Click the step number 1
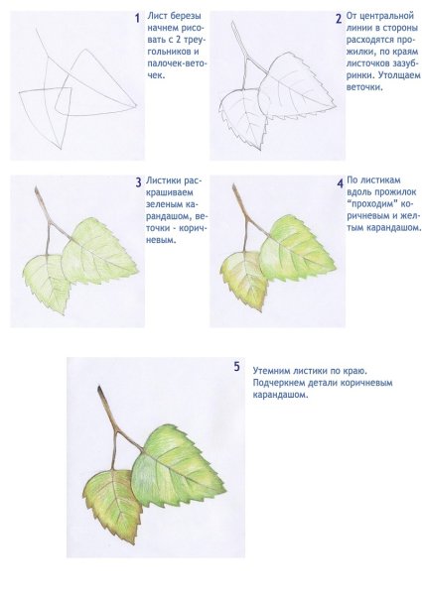pos(137,18)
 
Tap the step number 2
pos(339,19)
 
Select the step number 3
pos(138,182)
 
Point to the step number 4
pos(340,183)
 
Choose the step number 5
pos(236,367)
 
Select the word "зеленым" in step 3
pos(164,204)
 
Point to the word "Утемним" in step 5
pos(270,370)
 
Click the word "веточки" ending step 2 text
pos(363,87)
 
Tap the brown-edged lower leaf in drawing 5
pos(110,503)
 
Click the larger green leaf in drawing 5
pos(175,467)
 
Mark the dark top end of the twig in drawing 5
pos(100,389)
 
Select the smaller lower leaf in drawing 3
pos(47,281)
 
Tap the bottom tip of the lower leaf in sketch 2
pos(261,150)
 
